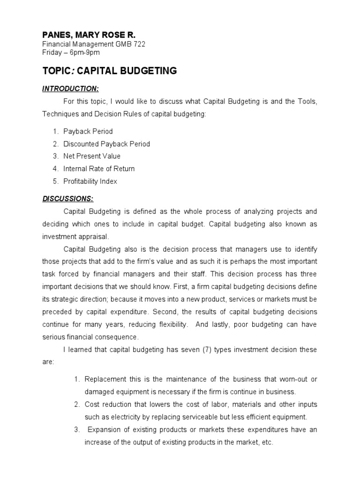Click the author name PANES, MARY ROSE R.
89,35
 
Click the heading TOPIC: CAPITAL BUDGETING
110,71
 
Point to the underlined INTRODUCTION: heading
70,89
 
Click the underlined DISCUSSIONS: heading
68,198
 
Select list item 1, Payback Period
88,132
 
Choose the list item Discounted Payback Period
107,144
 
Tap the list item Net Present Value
92,156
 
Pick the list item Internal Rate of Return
99,169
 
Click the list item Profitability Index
90,181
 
